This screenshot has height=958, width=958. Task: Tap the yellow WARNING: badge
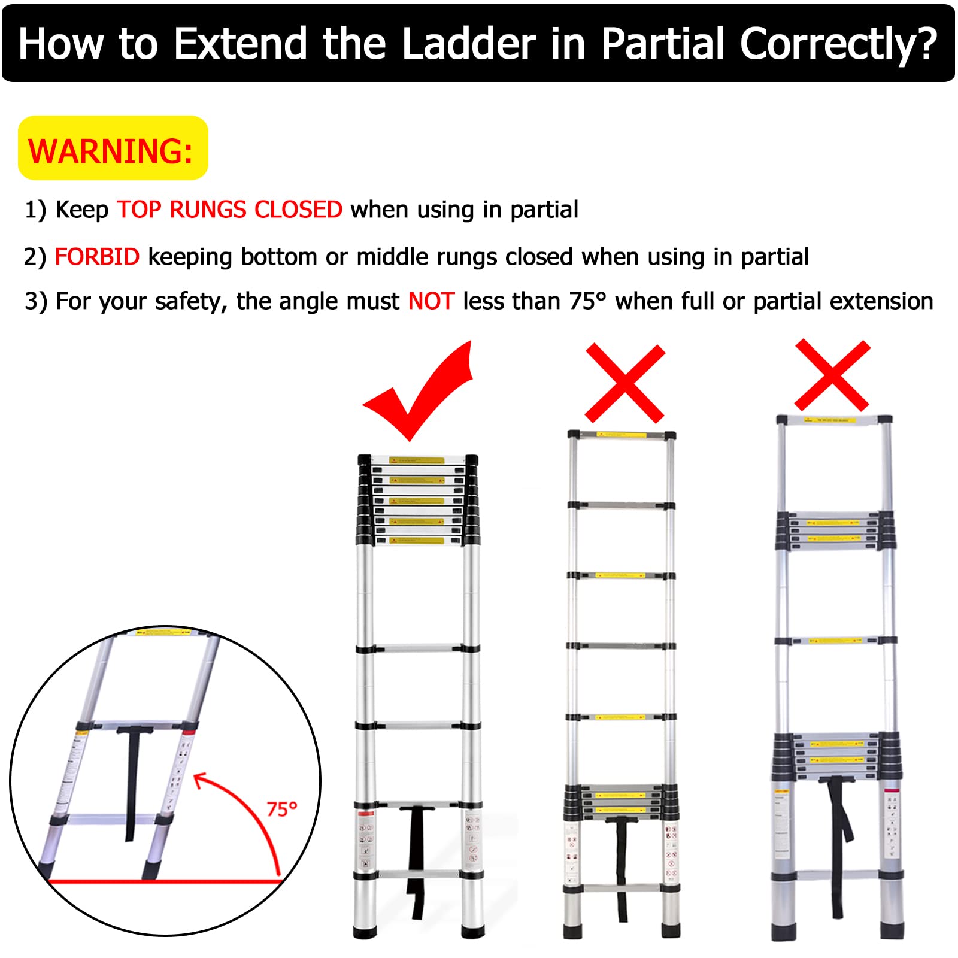(x=113, y=148)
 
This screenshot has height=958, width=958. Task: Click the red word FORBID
(x=97, y=257)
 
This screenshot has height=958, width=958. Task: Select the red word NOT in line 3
(x=431, y=301)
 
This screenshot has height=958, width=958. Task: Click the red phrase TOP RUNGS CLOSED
(x=229, y=210)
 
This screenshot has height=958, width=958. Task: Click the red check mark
(x=419, y=395)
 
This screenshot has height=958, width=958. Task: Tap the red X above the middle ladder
(x=624, y=383)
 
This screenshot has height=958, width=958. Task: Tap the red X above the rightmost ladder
(x=832, y=375)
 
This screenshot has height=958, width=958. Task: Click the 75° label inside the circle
(x=281, y=810)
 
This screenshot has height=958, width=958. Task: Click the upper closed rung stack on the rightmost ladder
(x=835, y=530)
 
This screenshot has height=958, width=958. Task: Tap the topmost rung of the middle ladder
(x=622, y=435)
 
